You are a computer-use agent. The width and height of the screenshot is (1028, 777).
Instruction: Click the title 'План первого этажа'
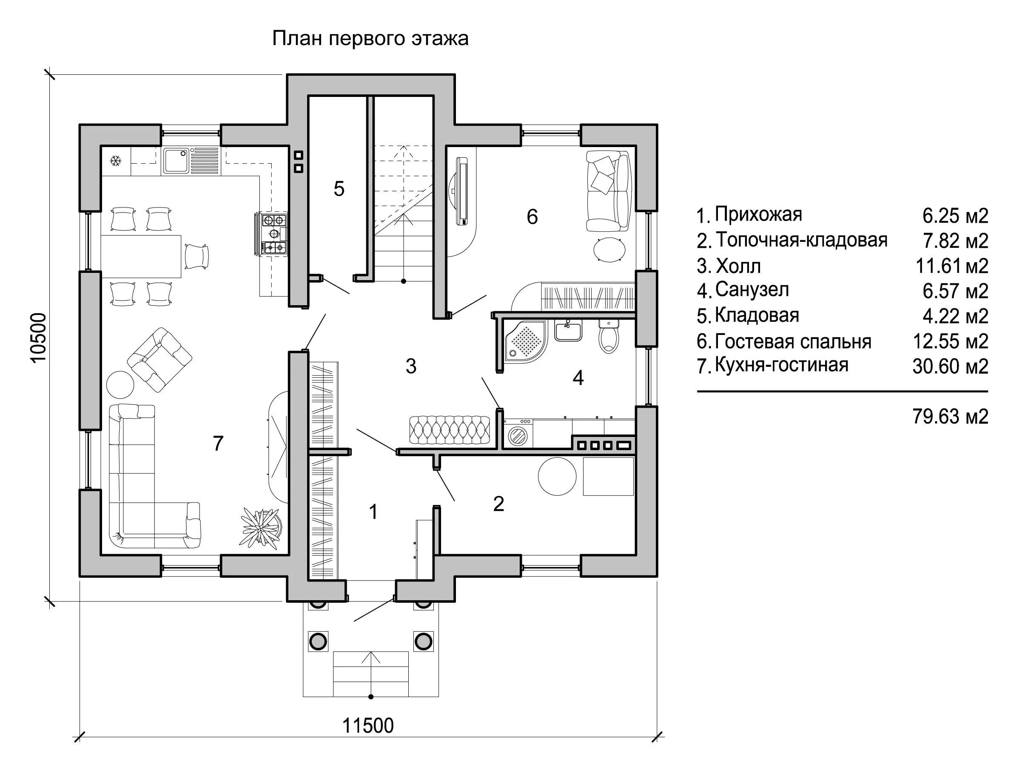pos(370,39)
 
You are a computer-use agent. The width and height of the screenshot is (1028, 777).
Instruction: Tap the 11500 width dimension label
pos(367,726)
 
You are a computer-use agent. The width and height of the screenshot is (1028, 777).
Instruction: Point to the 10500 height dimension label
pos(39,337)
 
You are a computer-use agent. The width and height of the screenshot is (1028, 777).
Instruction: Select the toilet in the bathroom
pos(608,337)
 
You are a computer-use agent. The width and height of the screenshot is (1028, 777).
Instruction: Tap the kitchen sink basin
pos(175,160)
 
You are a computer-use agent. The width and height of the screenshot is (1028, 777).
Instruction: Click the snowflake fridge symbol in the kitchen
pos(115,161)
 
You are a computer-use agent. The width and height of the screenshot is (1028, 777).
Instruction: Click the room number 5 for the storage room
pos(339,189)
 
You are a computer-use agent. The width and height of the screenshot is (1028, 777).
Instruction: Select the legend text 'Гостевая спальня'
pos(793,341)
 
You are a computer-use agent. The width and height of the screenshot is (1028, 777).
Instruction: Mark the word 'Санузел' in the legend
pos(752,290)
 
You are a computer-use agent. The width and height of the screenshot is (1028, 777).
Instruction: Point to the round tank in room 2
pos(557,476)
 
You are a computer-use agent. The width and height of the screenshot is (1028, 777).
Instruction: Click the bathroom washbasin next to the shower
pos(568,331)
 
